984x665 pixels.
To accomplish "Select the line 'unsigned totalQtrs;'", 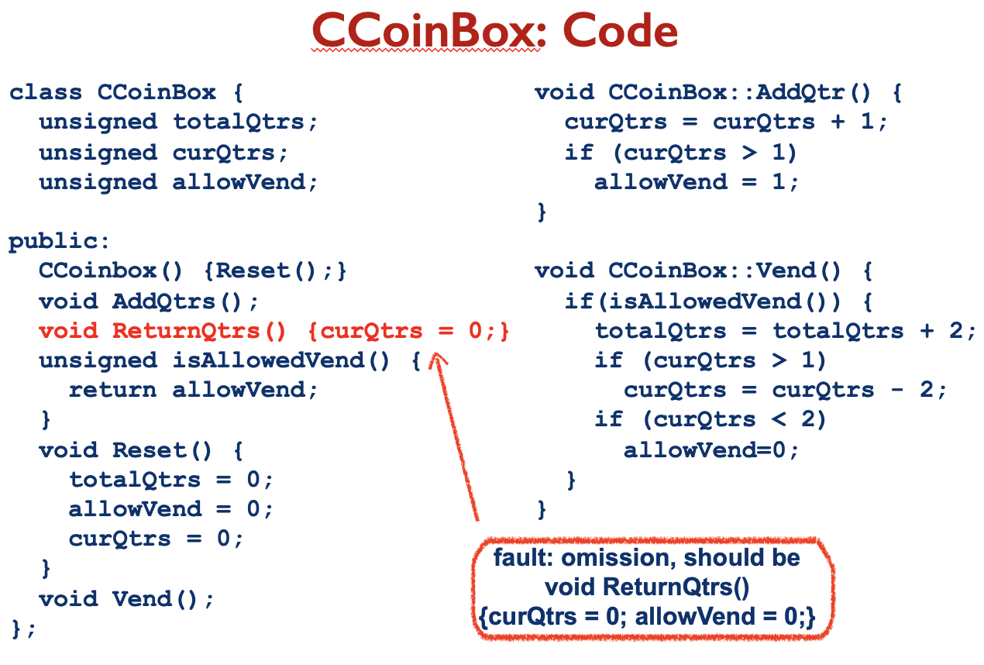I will tap(178, 122).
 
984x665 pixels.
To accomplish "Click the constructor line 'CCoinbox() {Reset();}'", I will tap(192, 271).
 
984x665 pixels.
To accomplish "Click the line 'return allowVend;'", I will tap(193, 391).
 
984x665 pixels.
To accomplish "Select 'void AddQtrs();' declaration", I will tap(149, 301).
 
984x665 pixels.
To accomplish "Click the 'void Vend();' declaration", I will tap(126, 599).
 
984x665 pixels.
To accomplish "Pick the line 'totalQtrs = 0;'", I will tap(170, 480).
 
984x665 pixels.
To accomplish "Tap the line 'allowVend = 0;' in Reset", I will tap(170, 509).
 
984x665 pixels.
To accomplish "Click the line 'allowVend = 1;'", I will tap(696, 182).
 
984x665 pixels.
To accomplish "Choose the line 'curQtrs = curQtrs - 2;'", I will tap(785, 391).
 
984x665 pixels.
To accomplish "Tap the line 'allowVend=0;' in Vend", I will tap(710, 450).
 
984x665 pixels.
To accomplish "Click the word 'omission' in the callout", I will tap(614, 559).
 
